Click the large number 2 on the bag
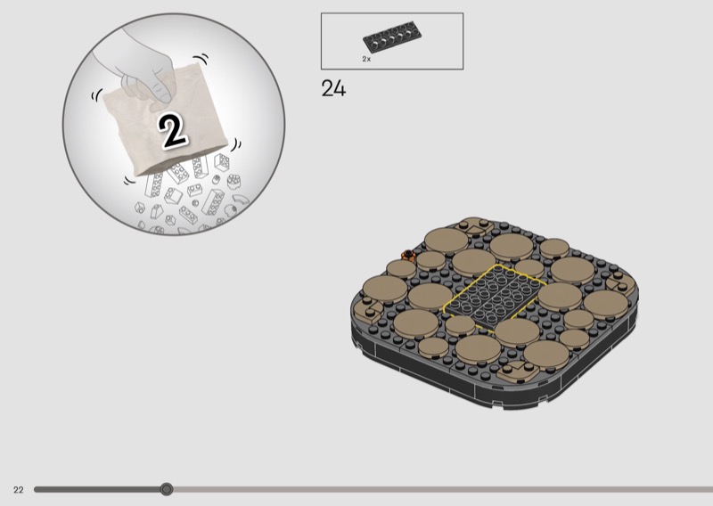pyautogui.click(x=172, y=130)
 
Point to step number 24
pyautogui.click(x=333, y=88)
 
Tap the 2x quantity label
pyautogui.click(x=366, y=59)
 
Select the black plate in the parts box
pyautogui.click(x=392, y=37)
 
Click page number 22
pyautogui.click(x=18, y=490)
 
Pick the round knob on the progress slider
pyautogui.click(x=167, y=489)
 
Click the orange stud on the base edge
pyautogui.click(x=408, y=256)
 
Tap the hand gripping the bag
pyautogui.click(x=136, y=69)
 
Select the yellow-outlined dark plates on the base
pyautogui.click(x=495, y=297)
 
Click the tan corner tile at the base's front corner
pyautogui.click(x=518, y=371)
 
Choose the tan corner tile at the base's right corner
pyautogui.click(x=620, y=282)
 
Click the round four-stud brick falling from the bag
pyautogui.click(x=234, y=182)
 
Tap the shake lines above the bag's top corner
pyautogui.click(x=201, y=58)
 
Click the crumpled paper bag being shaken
pyautogui.click(x=165, y=119)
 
